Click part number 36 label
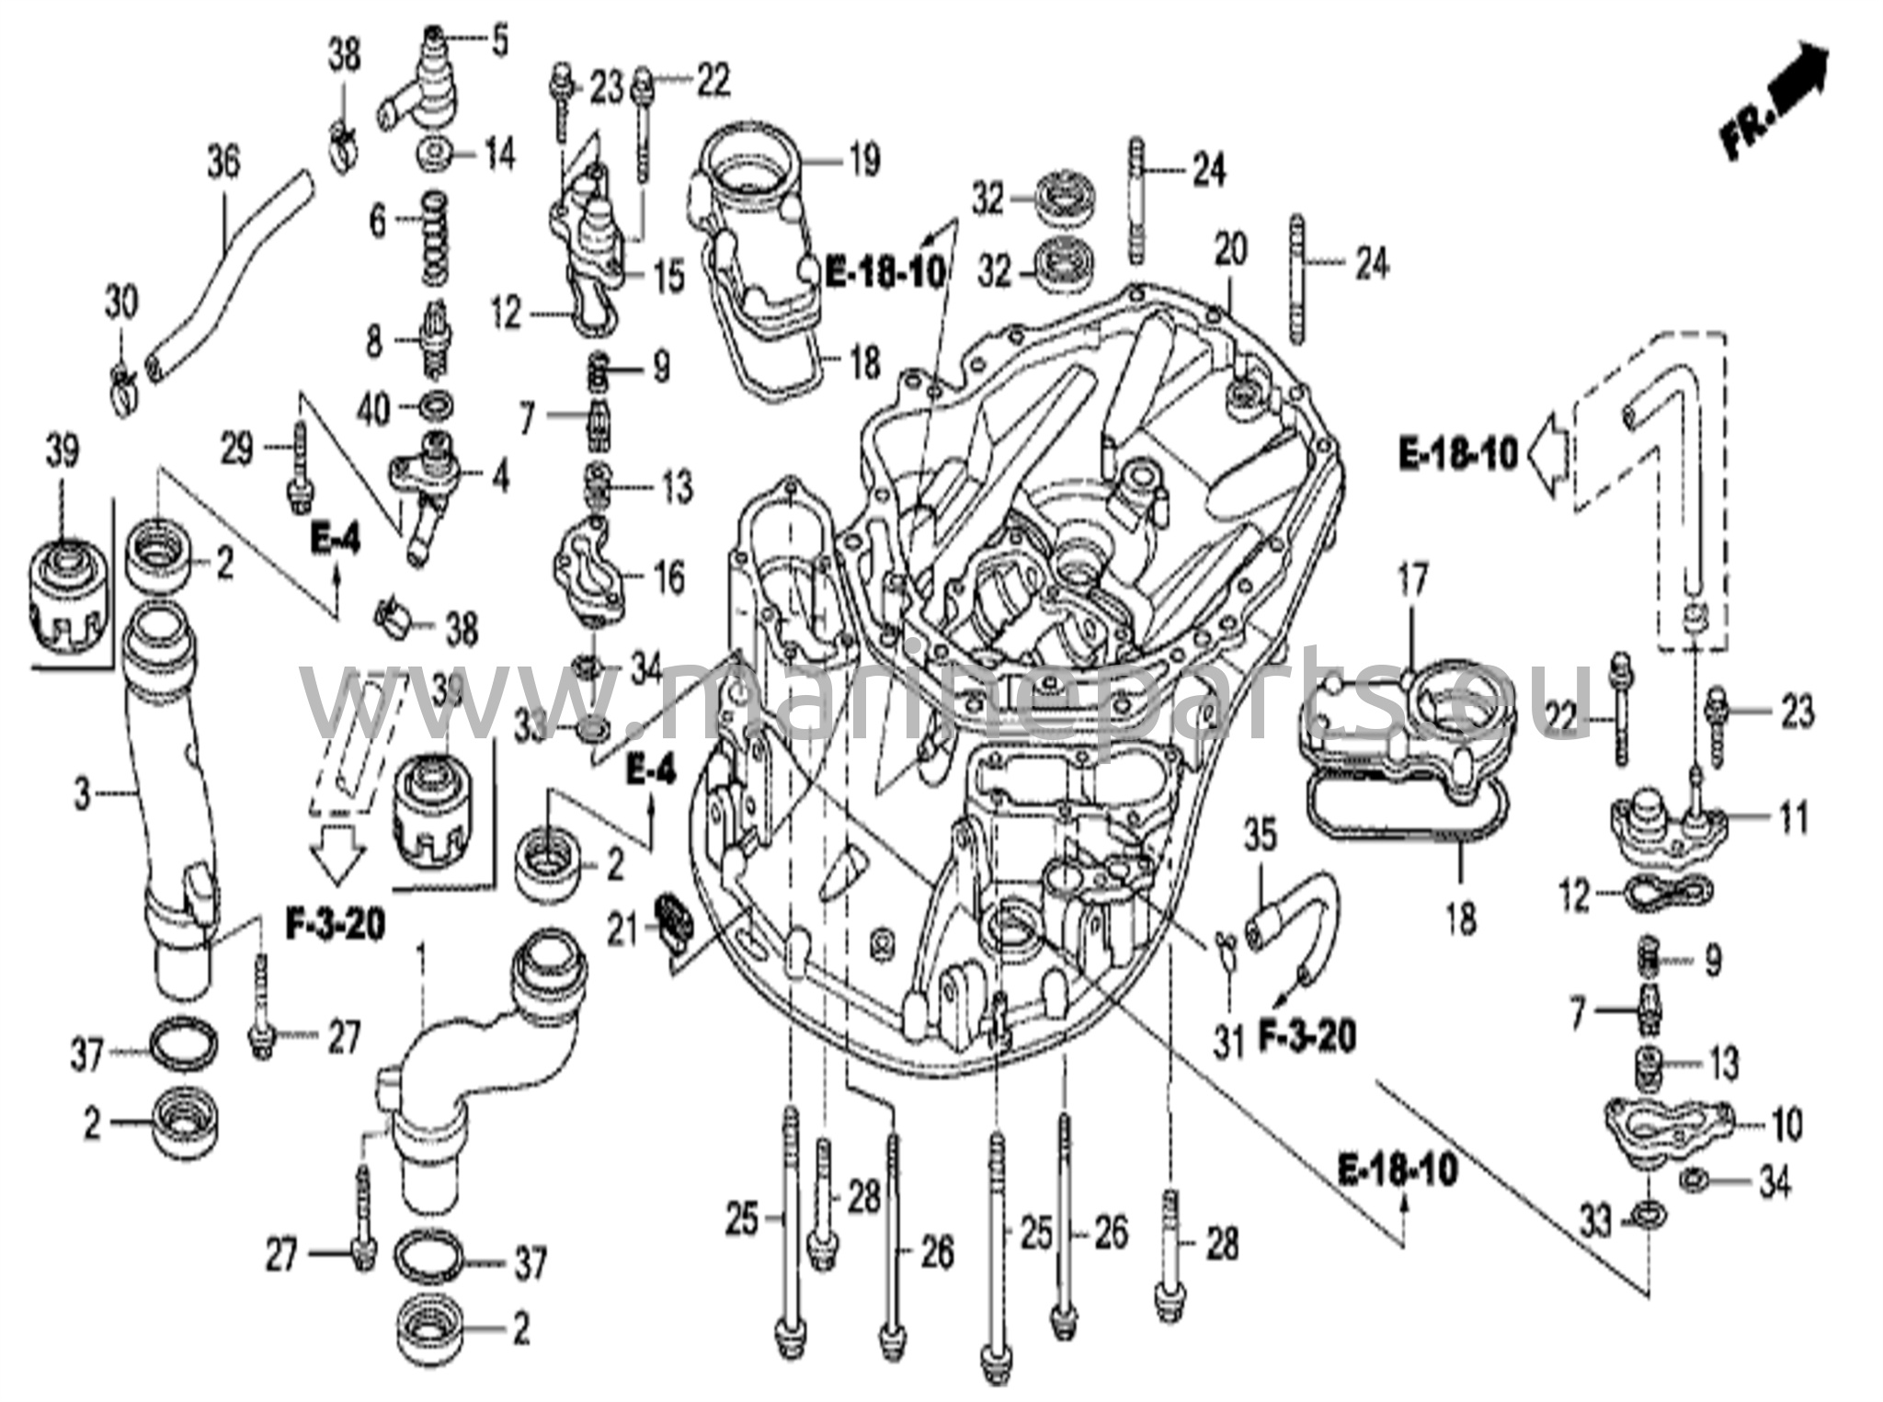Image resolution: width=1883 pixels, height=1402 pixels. coord(223,163)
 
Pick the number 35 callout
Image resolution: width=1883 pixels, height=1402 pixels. coord(1260,838)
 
